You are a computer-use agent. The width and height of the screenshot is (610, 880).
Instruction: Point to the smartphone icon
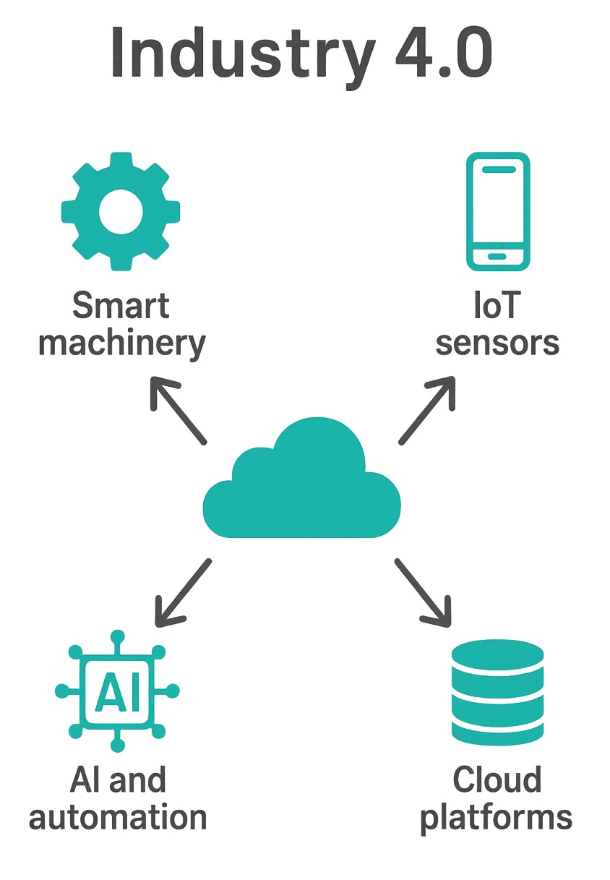click(497, 212)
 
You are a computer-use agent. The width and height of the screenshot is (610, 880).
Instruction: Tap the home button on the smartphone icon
click(497, 257)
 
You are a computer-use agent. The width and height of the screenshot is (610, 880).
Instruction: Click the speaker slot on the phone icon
click(497, 169)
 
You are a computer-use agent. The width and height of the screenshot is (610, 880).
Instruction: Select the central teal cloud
click(302, 485)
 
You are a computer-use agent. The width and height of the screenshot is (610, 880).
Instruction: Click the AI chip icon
click(118, 691)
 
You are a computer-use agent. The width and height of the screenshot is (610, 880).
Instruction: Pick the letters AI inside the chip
click(118, 691)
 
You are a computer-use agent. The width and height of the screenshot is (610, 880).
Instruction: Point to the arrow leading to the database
click(423, 590)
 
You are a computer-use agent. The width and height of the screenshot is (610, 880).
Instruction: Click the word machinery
click(121, 344)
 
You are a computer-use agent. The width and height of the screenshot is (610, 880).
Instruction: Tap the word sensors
click(497, 343)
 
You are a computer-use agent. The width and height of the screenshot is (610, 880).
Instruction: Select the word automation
click(118, 817)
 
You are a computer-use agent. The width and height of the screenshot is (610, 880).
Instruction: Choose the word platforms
click(497, 817)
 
